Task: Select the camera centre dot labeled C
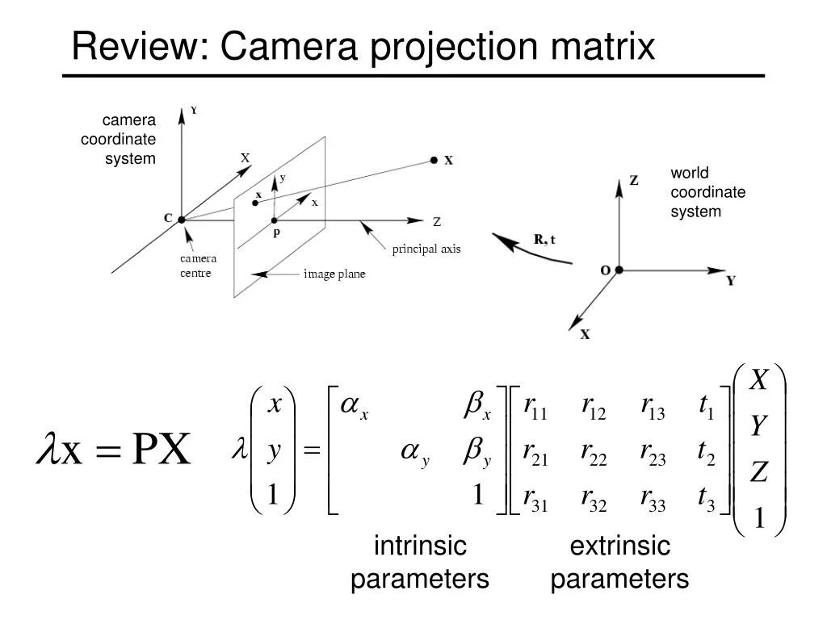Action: click(182, 219)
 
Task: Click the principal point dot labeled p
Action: click(275, 220)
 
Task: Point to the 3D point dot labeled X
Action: click(434, 161)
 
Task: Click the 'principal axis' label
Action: click(426, 249)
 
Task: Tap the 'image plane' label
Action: click(334, 274)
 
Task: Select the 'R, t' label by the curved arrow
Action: click(544, 239)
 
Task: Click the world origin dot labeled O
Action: click(619, 270)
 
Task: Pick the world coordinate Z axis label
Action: click(634, 181)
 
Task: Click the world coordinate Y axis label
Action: click(731, 281)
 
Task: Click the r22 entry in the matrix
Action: click(594, 456)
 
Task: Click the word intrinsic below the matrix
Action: click(420, 547)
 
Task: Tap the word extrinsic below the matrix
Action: click(619, 547)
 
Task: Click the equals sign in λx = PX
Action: click(102, 451)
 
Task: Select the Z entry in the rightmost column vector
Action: click(758, 472)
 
